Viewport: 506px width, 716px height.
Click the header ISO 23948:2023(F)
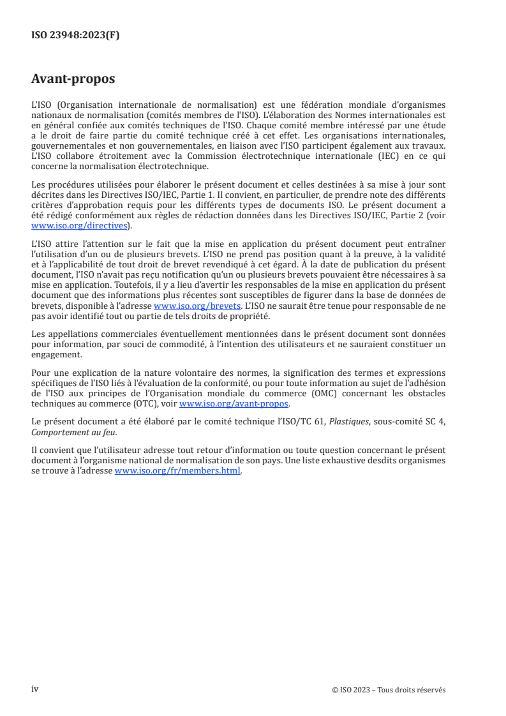coord(75,36)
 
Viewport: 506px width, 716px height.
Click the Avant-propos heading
coord(73,79)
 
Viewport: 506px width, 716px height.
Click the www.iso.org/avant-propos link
coord(234,404)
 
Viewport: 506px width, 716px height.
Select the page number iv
coord(35,689)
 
